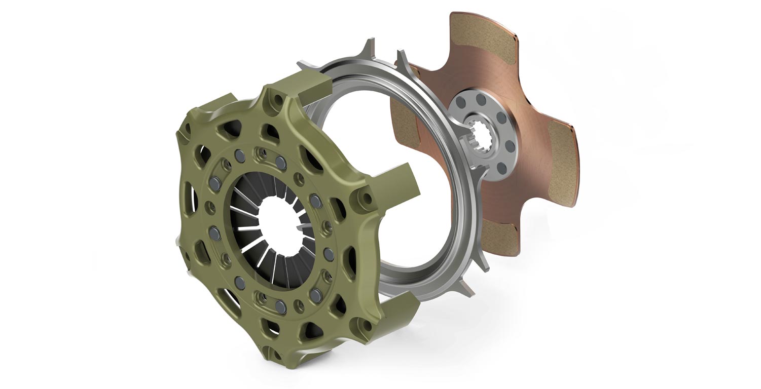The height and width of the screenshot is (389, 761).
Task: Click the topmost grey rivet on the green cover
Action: (x=280, y=161)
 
